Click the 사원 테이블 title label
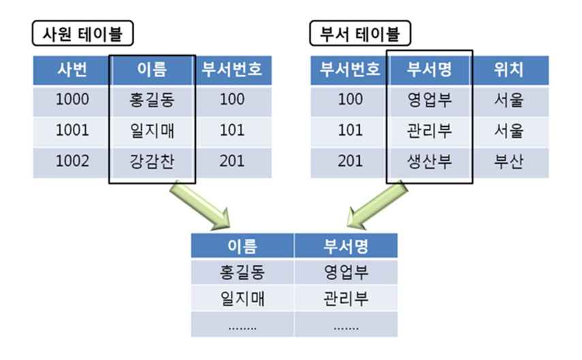pos(82,33)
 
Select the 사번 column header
pos(71,70)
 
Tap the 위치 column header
pos(508,70)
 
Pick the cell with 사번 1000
pos(71,100)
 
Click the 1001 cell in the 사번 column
pos(71,131)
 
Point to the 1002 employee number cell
pos(71,162)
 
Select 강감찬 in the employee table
pos(152,162)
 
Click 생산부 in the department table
pos(429,162)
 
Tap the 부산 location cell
pos(508,162)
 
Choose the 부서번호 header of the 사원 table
pos(232,70)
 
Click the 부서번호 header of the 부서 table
pos(350,70)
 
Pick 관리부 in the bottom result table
pos(346,299)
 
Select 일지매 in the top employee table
pos(152,131)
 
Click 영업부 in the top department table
pos(429,100)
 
